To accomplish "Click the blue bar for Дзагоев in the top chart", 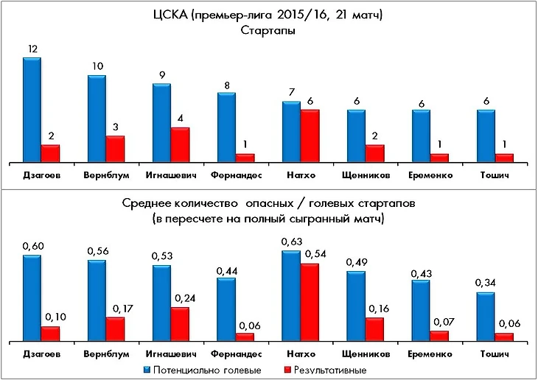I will (32, 110).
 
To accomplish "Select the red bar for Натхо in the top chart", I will (309, 136).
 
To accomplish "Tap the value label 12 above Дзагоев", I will (32, 49).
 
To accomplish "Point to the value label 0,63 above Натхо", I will (292, 242).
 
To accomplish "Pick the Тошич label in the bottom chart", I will (495, 354).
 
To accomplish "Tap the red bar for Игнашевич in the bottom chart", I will (179, 324).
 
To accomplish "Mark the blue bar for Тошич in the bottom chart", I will (486, 317).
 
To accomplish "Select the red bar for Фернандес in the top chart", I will (244, 158).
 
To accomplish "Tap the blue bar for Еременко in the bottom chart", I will (421, 310).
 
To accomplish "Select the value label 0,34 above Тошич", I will (486, 284).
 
